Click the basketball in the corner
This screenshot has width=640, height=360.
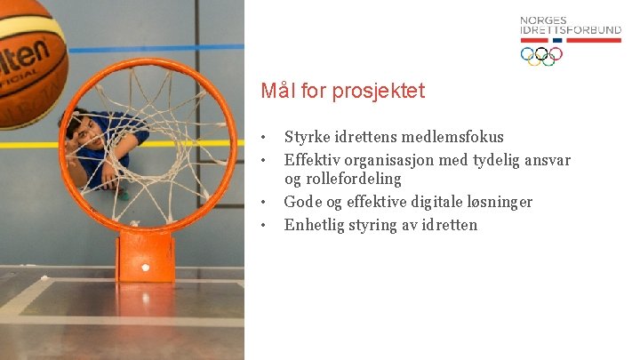click(27, 58)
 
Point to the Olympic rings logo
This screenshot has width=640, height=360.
click(541, 55)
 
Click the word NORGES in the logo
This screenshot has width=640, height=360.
click(543, 20)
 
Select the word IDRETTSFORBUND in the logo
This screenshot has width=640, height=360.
click(571, 31)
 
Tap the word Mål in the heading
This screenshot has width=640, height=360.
click(275, 91)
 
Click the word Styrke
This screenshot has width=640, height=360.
click(306, 137)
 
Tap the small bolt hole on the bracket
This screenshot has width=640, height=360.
click(146, 267)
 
